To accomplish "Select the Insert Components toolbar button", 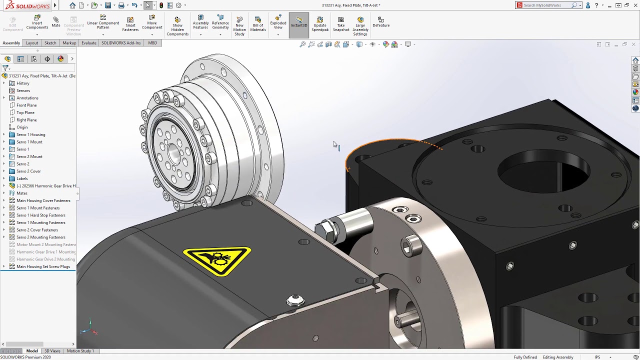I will click(x=37, y=23).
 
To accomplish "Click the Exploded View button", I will click(x=278, y=23).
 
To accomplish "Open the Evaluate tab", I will click(x=88, y=43).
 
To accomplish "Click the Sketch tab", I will click(x=50, y=43).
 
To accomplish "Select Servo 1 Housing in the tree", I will click(x=30, y=134).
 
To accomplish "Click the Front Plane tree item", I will click(x=26, y=105).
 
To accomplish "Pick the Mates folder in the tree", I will click(x=22, y=193).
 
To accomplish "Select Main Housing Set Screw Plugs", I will click(x=43, y=266).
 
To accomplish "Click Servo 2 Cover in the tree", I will click(x=28, y=171).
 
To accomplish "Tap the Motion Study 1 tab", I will click(x=80, y=351).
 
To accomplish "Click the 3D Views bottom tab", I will click(x=52, y=351).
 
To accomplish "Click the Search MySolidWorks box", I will click(x=546, y=5).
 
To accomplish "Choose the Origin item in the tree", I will click(x=22, y=127).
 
